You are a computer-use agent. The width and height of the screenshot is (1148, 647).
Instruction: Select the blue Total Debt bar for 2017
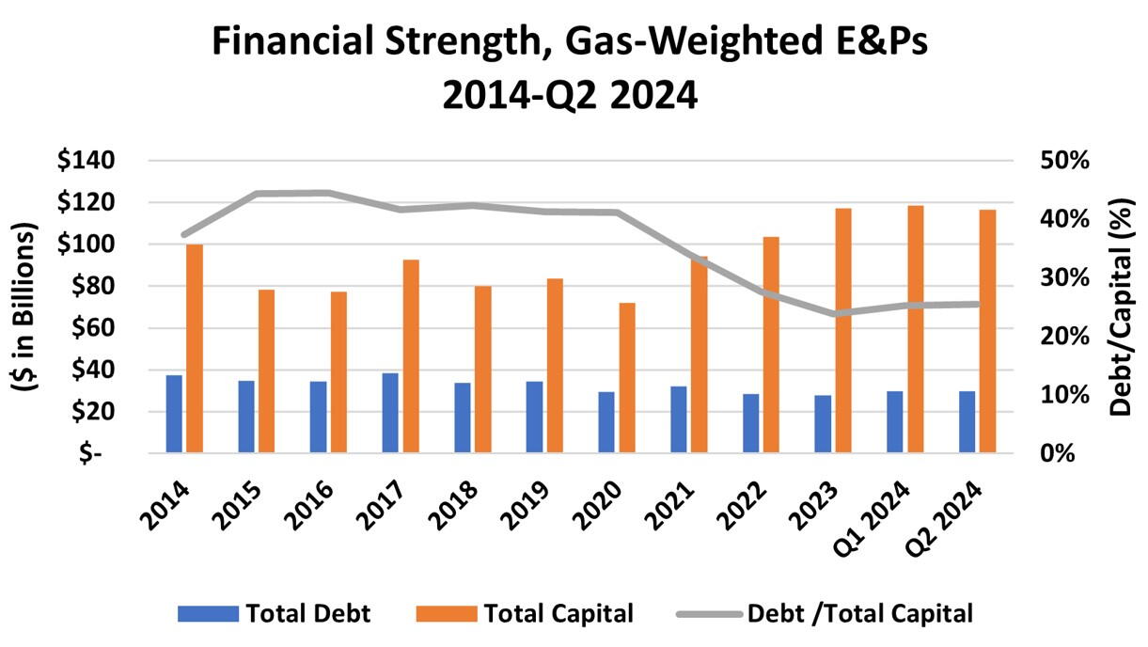click(390, 413)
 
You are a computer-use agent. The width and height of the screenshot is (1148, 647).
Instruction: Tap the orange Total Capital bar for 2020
click(627, 377)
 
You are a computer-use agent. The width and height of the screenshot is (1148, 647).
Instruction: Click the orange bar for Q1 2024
click(916, 329)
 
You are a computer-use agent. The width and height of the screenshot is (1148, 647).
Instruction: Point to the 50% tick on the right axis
click(1064, 161)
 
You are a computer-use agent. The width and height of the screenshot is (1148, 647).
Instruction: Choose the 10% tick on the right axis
click(1064, 395)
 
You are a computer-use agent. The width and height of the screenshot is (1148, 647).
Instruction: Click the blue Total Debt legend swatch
click(207, 614)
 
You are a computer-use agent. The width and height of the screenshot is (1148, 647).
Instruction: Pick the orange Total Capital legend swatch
click(445, 614)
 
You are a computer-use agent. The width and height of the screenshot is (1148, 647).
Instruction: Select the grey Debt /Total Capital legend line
click(707, 614)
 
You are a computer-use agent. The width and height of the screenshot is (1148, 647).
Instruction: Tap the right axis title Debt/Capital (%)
click(1121, 307)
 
